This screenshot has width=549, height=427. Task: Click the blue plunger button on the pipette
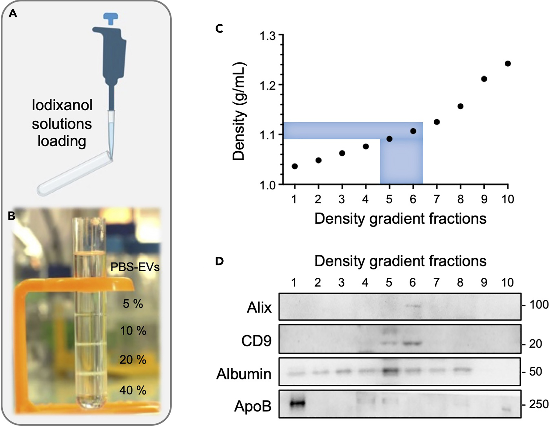pyautogui.click(x=111, y=18)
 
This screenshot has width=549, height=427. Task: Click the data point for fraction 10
pyautogui.click(x=507, y=64)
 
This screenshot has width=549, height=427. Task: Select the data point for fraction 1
pyautogui.click(x=295, y=166)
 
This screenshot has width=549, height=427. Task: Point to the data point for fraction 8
pyautogui.click(x=460, y=106)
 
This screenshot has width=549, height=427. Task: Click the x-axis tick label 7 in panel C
pyautogui.click(x=436, y=199)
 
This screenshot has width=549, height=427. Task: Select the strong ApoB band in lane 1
pyautogui.click(x=297, y=403)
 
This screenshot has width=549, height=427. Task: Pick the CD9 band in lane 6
pyautogui.click(x=412, y=343)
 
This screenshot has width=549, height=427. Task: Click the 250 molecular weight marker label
pyautogui.click(x=539, y=404)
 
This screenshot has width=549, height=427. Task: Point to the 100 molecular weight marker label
pyautogui.click(x=539, y=305)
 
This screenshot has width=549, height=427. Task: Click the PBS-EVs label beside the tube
pyautogui.click(x=135, y=267)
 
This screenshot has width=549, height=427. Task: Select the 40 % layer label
pyautogui.click(x=133, y=390)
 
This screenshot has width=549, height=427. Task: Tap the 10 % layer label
pyautogui.click(x=133, y=331)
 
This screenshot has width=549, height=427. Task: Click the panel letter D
pyautogui.click(x=219, y=261)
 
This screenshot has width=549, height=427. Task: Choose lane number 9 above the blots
pyautogui.click(x=484, y=283)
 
